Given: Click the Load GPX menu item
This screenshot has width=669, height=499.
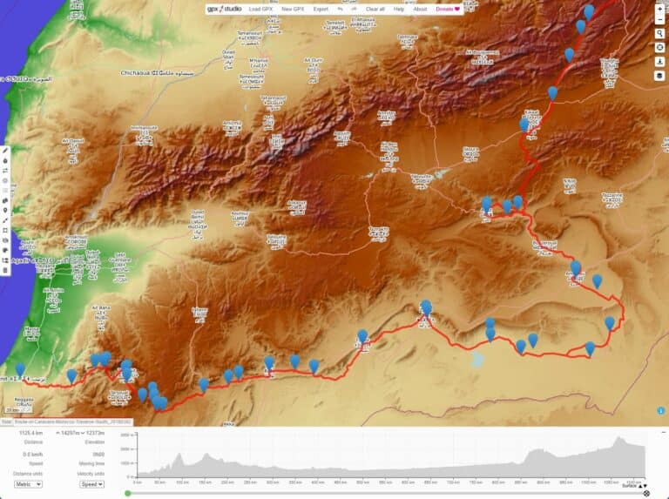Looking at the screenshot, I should (260, 9).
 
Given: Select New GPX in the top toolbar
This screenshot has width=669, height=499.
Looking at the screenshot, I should (293, 9).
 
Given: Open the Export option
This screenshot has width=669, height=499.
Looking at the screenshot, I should (321, 9).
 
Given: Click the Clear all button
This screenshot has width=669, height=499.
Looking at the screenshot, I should (375, 9).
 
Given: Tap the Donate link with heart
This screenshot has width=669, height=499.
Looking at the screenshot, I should (447, 9).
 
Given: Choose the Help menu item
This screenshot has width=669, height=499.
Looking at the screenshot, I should (399, 9).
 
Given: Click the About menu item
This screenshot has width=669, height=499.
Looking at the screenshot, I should (420, 9).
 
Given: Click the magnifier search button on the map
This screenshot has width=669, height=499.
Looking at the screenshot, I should (660, 33).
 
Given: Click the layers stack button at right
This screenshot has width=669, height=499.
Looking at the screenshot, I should (660, 76).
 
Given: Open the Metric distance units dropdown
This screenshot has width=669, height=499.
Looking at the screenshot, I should (28, 483).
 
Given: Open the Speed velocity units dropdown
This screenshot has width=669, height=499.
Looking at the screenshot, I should (91, 483).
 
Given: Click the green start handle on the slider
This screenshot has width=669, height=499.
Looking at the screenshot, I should (128, 493).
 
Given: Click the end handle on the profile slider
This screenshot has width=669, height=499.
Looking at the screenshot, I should (645, 493).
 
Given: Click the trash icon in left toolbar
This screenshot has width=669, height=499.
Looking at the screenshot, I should (5, 271).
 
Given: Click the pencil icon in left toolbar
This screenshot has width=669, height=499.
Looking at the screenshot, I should (5, 150).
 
